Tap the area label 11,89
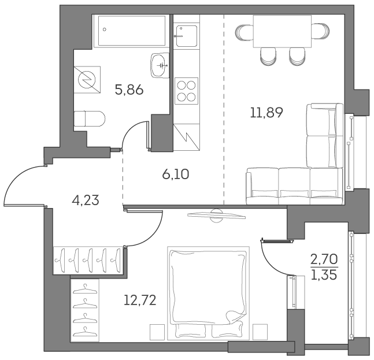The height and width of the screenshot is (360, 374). pyautogui.click(x=266, y=112)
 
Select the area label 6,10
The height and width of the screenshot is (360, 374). pyautogui.click(x=176, y=173)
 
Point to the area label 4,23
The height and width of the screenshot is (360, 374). pyautogui.click(x=86, y=200)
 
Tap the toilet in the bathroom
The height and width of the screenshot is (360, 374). pyautogui.click(x=90, y=118)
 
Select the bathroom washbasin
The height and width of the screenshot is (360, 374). pyautogui.click(x=159, y=65)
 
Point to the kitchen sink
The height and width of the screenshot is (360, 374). pyautogui.click(x=187, y=36)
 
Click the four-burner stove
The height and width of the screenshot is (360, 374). pyautogui.click(x=186, y=90)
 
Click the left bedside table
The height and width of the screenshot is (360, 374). pyautogui.click(x=157, y=332)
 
